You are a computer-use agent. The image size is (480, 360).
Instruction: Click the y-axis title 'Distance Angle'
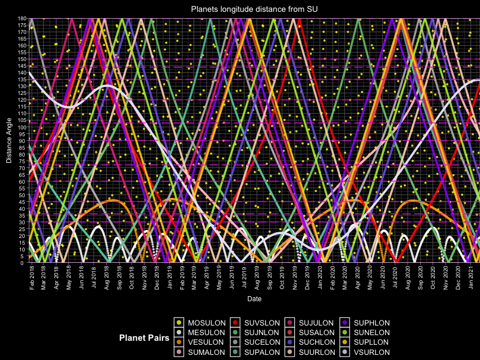(9, 141)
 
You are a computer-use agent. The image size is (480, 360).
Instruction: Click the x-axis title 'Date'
(254, 298)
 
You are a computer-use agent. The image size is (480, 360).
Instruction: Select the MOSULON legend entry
(201, 323)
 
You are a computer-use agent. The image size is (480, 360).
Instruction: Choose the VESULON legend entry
(201, 342)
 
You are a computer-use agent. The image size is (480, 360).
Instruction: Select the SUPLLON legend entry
(369, 342)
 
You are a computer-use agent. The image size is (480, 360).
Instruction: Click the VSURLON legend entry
(369, 352)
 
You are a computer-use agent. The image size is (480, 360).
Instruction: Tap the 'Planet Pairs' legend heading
(144, 337)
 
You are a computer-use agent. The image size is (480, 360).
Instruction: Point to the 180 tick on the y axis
(23, 18)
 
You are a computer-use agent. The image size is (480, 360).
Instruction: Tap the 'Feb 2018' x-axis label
(32, 277)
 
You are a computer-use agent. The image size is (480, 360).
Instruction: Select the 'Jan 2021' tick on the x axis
(470, 277)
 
